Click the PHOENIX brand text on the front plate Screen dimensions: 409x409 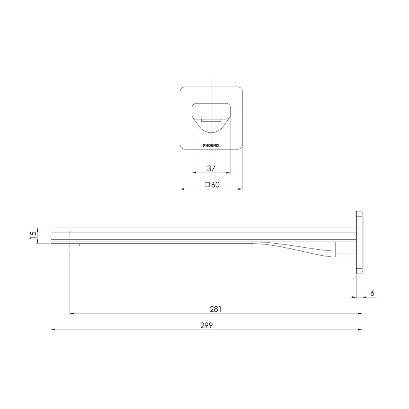coord(211,146)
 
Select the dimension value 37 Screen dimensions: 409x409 coord(211,168)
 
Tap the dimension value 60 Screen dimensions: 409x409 coord(216,185)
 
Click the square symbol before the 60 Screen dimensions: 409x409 coord(207,185)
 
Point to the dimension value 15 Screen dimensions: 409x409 coord(33,235)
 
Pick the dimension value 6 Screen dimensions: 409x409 coord(372,293)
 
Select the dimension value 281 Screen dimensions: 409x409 coord(216,309)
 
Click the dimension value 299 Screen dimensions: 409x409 coord(206,325)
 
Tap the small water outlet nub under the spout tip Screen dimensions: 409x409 coord(70,245)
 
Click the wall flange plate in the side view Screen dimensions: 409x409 coord(359,242)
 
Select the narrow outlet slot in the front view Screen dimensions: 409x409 coord(211,119)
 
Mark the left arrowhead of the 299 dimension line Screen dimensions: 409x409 coord(53,330)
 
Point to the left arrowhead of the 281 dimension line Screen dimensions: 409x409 coord(72,314)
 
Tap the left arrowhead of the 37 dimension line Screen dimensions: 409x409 coord(194,173)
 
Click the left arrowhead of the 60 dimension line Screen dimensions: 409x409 coord(182,189)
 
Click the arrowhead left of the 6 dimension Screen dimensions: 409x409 coord(353,297)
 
